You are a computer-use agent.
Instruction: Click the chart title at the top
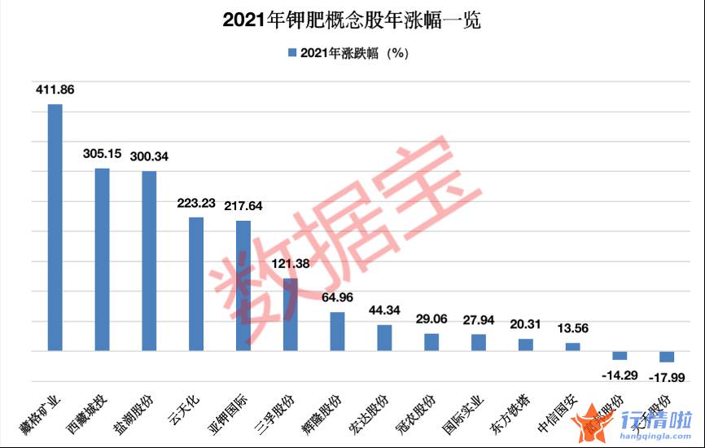pyautogui.click(x=352, y=20)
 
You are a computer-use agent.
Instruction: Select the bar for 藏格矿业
pyautogui.click(x=55, y=227)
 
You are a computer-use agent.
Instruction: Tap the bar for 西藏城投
pyautogui.click(x=102, y=259)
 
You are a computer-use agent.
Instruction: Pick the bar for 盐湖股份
pyautogui.click(x=149, y=261)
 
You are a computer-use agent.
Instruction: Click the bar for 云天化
pyautogui.click(x=196, y=283)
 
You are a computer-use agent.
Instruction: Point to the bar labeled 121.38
pyautogui.click(x=291, y=314)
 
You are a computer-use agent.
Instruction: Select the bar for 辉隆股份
pyautogui.click(x=337, y=332)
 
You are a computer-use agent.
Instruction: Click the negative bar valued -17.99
pyautogui.click(x=667, y=357)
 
